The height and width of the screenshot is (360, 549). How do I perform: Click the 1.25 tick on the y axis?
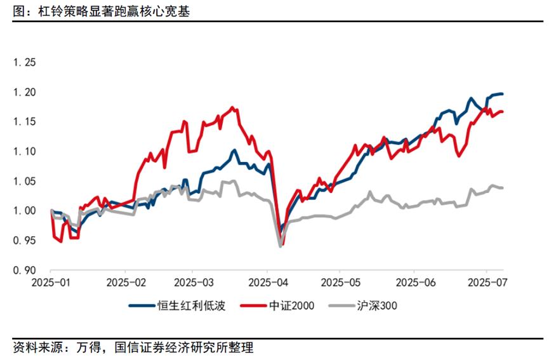point(26,63)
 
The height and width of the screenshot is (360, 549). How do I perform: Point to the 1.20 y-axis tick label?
point(26,93)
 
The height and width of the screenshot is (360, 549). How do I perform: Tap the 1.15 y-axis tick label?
point(26,122)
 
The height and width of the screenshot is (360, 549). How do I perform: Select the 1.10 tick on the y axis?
point(26,152)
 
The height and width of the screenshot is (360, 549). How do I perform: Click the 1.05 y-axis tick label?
point(26,181)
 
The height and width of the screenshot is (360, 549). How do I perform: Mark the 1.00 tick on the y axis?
point(26,211)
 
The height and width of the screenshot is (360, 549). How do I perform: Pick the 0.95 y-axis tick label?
point(26,241)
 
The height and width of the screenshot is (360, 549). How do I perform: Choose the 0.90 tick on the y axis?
point(26,270)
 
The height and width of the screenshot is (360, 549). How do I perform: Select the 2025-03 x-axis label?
point(193,281)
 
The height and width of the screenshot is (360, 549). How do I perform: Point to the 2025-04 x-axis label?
point(267,281)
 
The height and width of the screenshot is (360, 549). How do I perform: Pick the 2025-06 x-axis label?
point(413,281)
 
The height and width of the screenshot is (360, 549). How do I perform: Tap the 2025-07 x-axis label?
point(486,281)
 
